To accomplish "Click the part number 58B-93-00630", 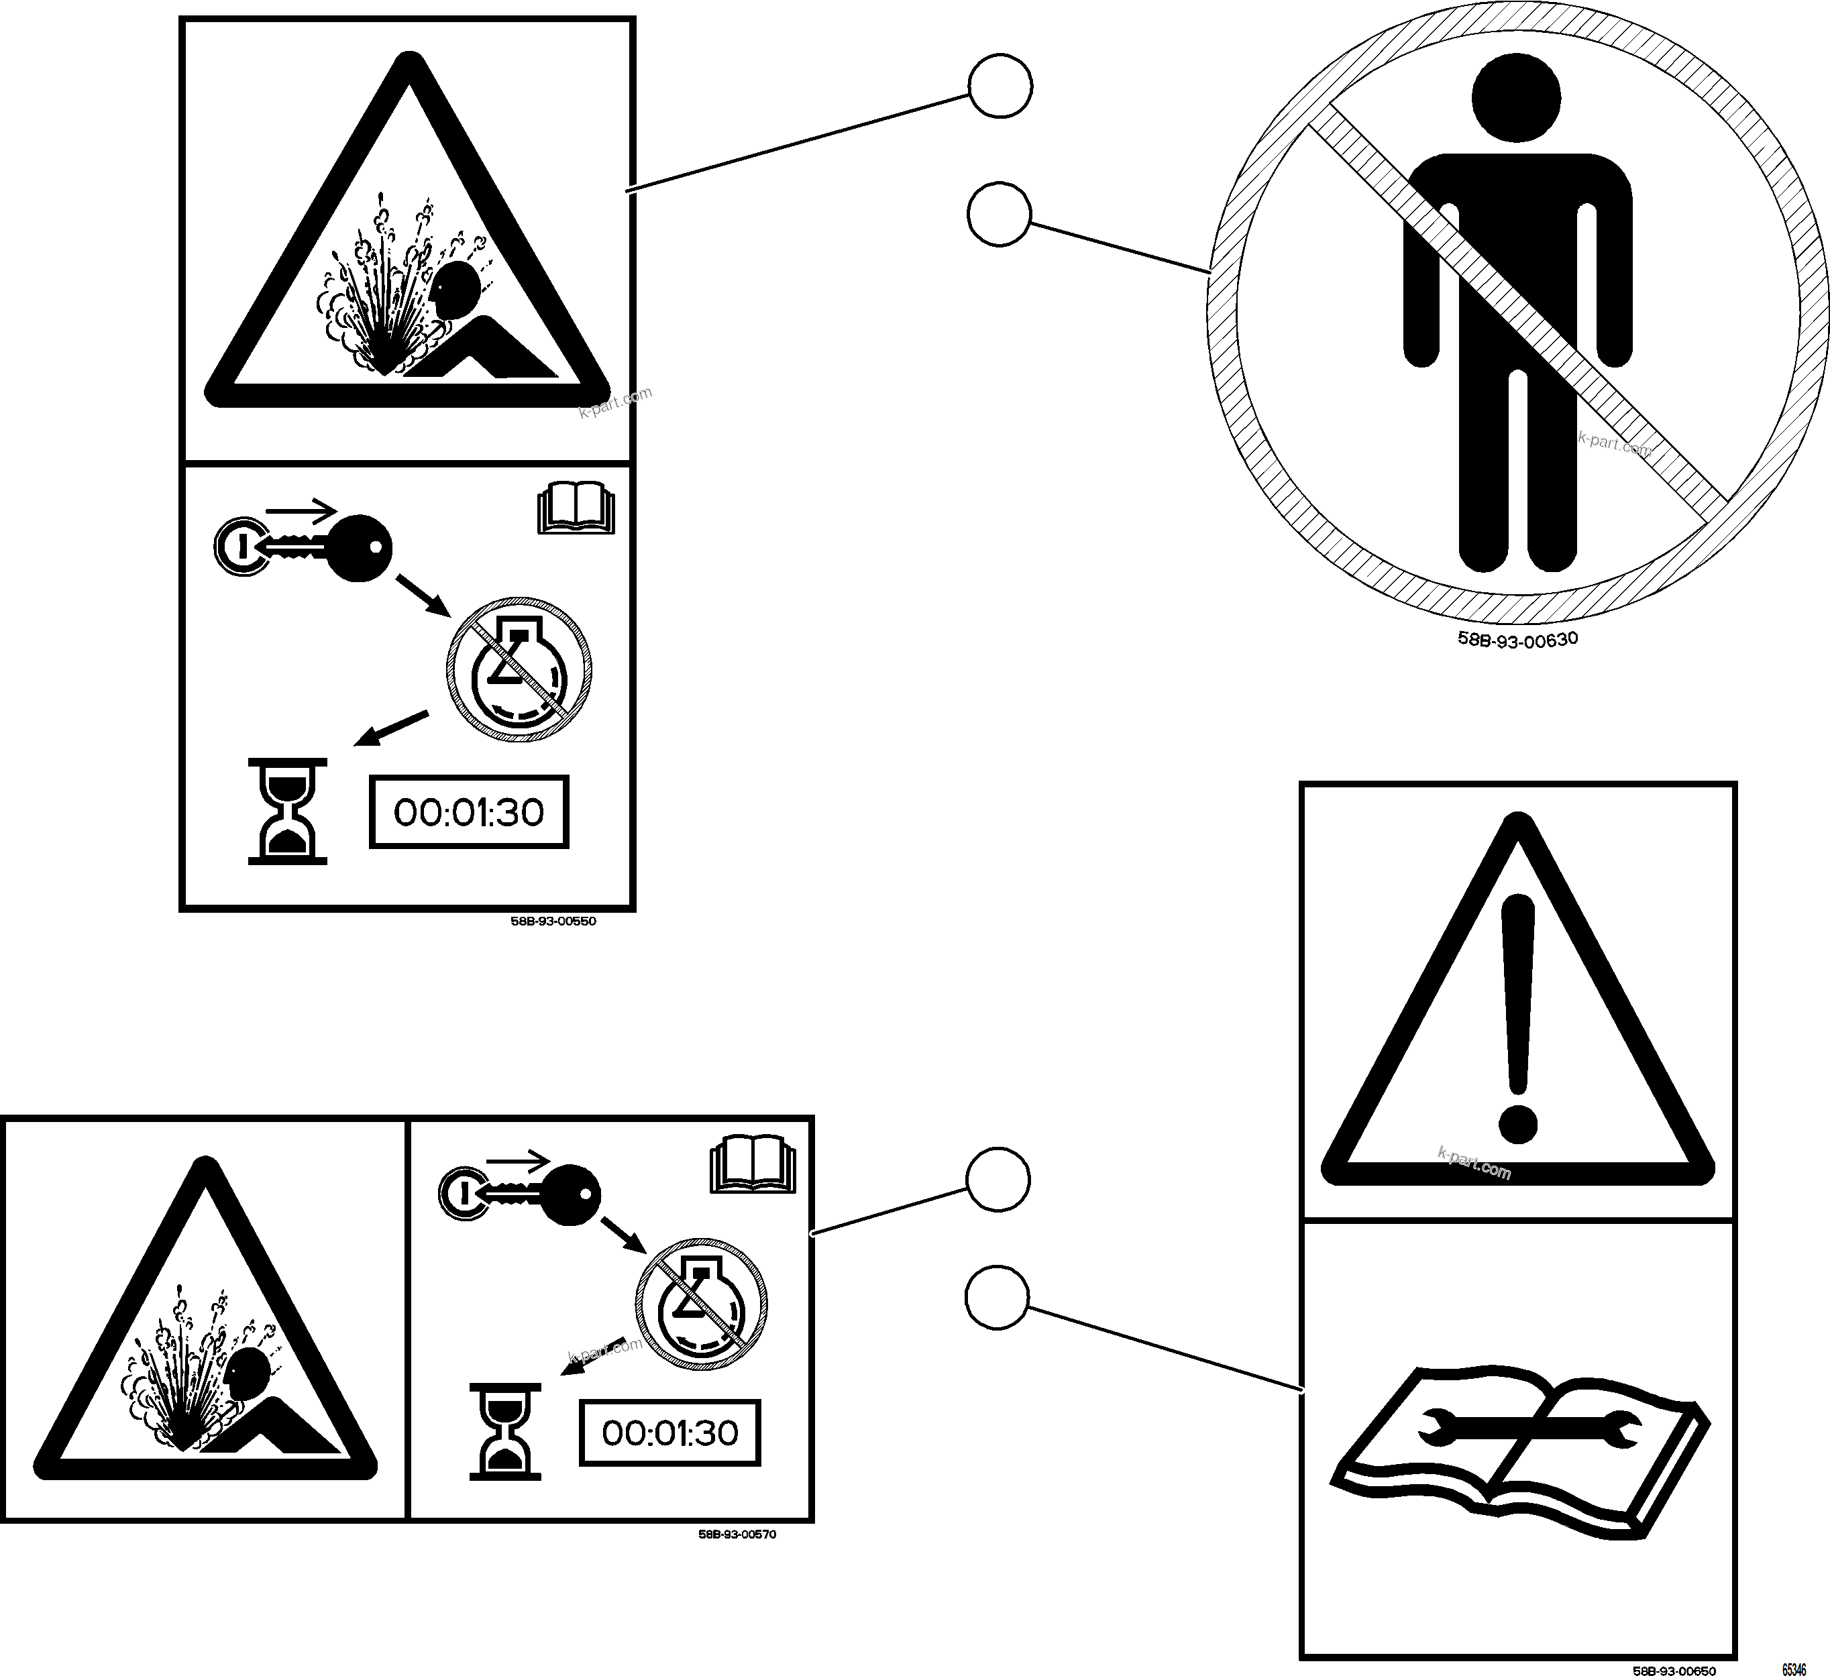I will click(1517, 638).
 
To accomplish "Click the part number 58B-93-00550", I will click(553, 921).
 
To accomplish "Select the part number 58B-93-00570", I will click(737, 1534).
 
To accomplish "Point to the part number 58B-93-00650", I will click(1674, 1671).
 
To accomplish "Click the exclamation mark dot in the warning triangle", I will click(1515, 1123).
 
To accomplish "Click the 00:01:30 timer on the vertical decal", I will click(468, 811).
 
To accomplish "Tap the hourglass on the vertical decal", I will click(287, 811).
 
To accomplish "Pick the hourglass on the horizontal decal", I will click(504, 1432).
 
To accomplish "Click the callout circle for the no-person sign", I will click(999, 215).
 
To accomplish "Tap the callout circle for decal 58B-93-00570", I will click(998, 1180).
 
